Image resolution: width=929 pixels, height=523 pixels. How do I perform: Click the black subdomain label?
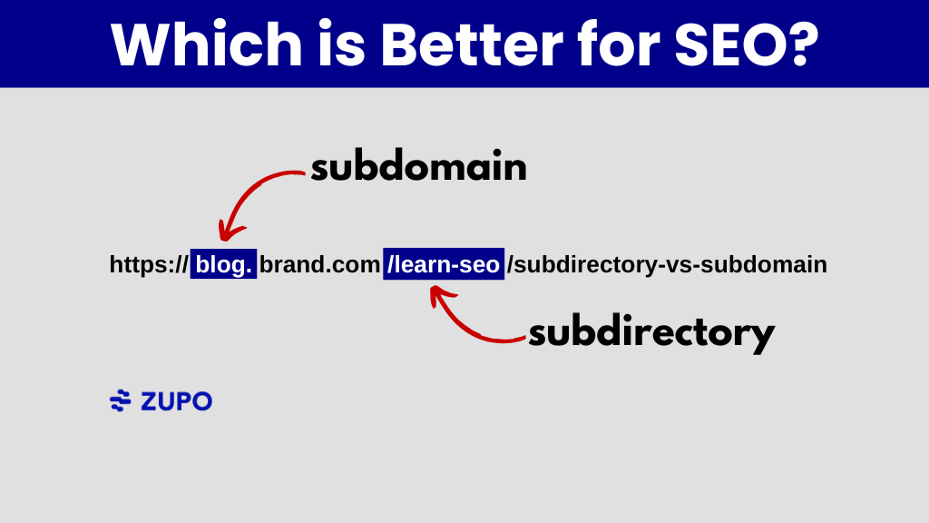(418, 168)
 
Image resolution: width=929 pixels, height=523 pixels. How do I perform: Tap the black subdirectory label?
(651, 332)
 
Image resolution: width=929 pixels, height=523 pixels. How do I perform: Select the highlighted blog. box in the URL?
(223, 264)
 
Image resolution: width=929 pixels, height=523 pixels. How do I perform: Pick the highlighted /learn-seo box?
(444, 264)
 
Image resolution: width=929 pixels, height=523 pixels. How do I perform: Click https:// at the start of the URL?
(149, 264)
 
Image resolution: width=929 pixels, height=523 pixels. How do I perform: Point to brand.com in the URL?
(319, 264)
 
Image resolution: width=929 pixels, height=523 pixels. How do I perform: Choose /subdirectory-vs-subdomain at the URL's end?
(667, 264)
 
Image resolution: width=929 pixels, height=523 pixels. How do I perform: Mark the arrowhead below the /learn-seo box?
(439, 294)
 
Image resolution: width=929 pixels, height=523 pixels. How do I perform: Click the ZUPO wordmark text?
(176, 400)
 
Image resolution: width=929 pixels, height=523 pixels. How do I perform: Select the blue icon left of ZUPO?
(120, 400)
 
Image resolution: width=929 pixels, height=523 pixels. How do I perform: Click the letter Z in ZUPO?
(149, 400)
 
